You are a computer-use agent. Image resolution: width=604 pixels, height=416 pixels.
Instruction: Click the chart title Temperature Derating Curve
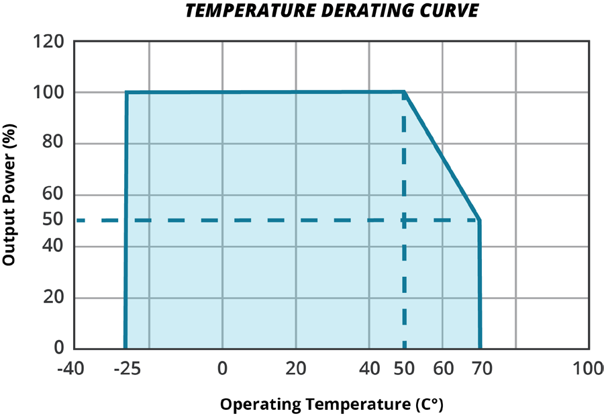pos(332,12)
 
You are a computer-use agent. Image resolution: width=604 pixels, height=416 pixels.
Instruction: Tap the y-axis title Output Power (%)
pos(9,195)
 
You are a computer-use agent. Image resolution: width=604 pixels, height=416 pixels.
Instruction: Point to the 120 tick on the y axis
pos(49,42)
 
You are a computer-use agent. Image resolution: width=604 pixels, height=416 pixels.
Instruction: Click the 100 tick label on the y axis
pos(49,92)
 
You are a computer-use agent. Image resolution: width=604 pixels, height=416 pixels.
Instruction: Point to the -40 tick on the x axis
pos(71,369)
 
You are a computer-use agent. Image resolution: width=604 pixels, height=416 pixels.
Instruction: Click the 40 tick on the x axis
pos(369,369)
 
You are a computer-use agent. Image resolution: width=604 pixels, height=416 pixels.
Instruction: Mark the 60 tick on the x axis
pos(442,369)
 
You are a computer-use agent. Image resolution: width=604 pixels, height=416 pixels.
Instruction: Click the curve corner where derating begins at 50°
pos(405,92)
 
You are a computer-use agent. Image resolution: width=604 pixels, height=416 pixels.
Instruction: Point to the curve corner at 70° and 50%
pos(479,220)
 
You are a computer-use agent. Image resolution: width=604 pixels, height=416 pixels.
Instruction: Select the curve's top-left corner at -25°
pos(126,92)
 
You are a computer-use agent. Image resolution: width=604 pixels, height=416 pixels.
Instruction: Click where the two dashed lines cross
pos(405,220)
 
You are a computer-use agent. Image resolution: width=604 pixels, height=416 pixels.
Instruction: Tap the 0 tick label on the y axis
pos(59,348)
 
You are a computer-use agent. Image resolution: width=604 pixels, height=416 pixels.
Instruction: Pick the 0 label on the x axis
pos(222,369)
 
